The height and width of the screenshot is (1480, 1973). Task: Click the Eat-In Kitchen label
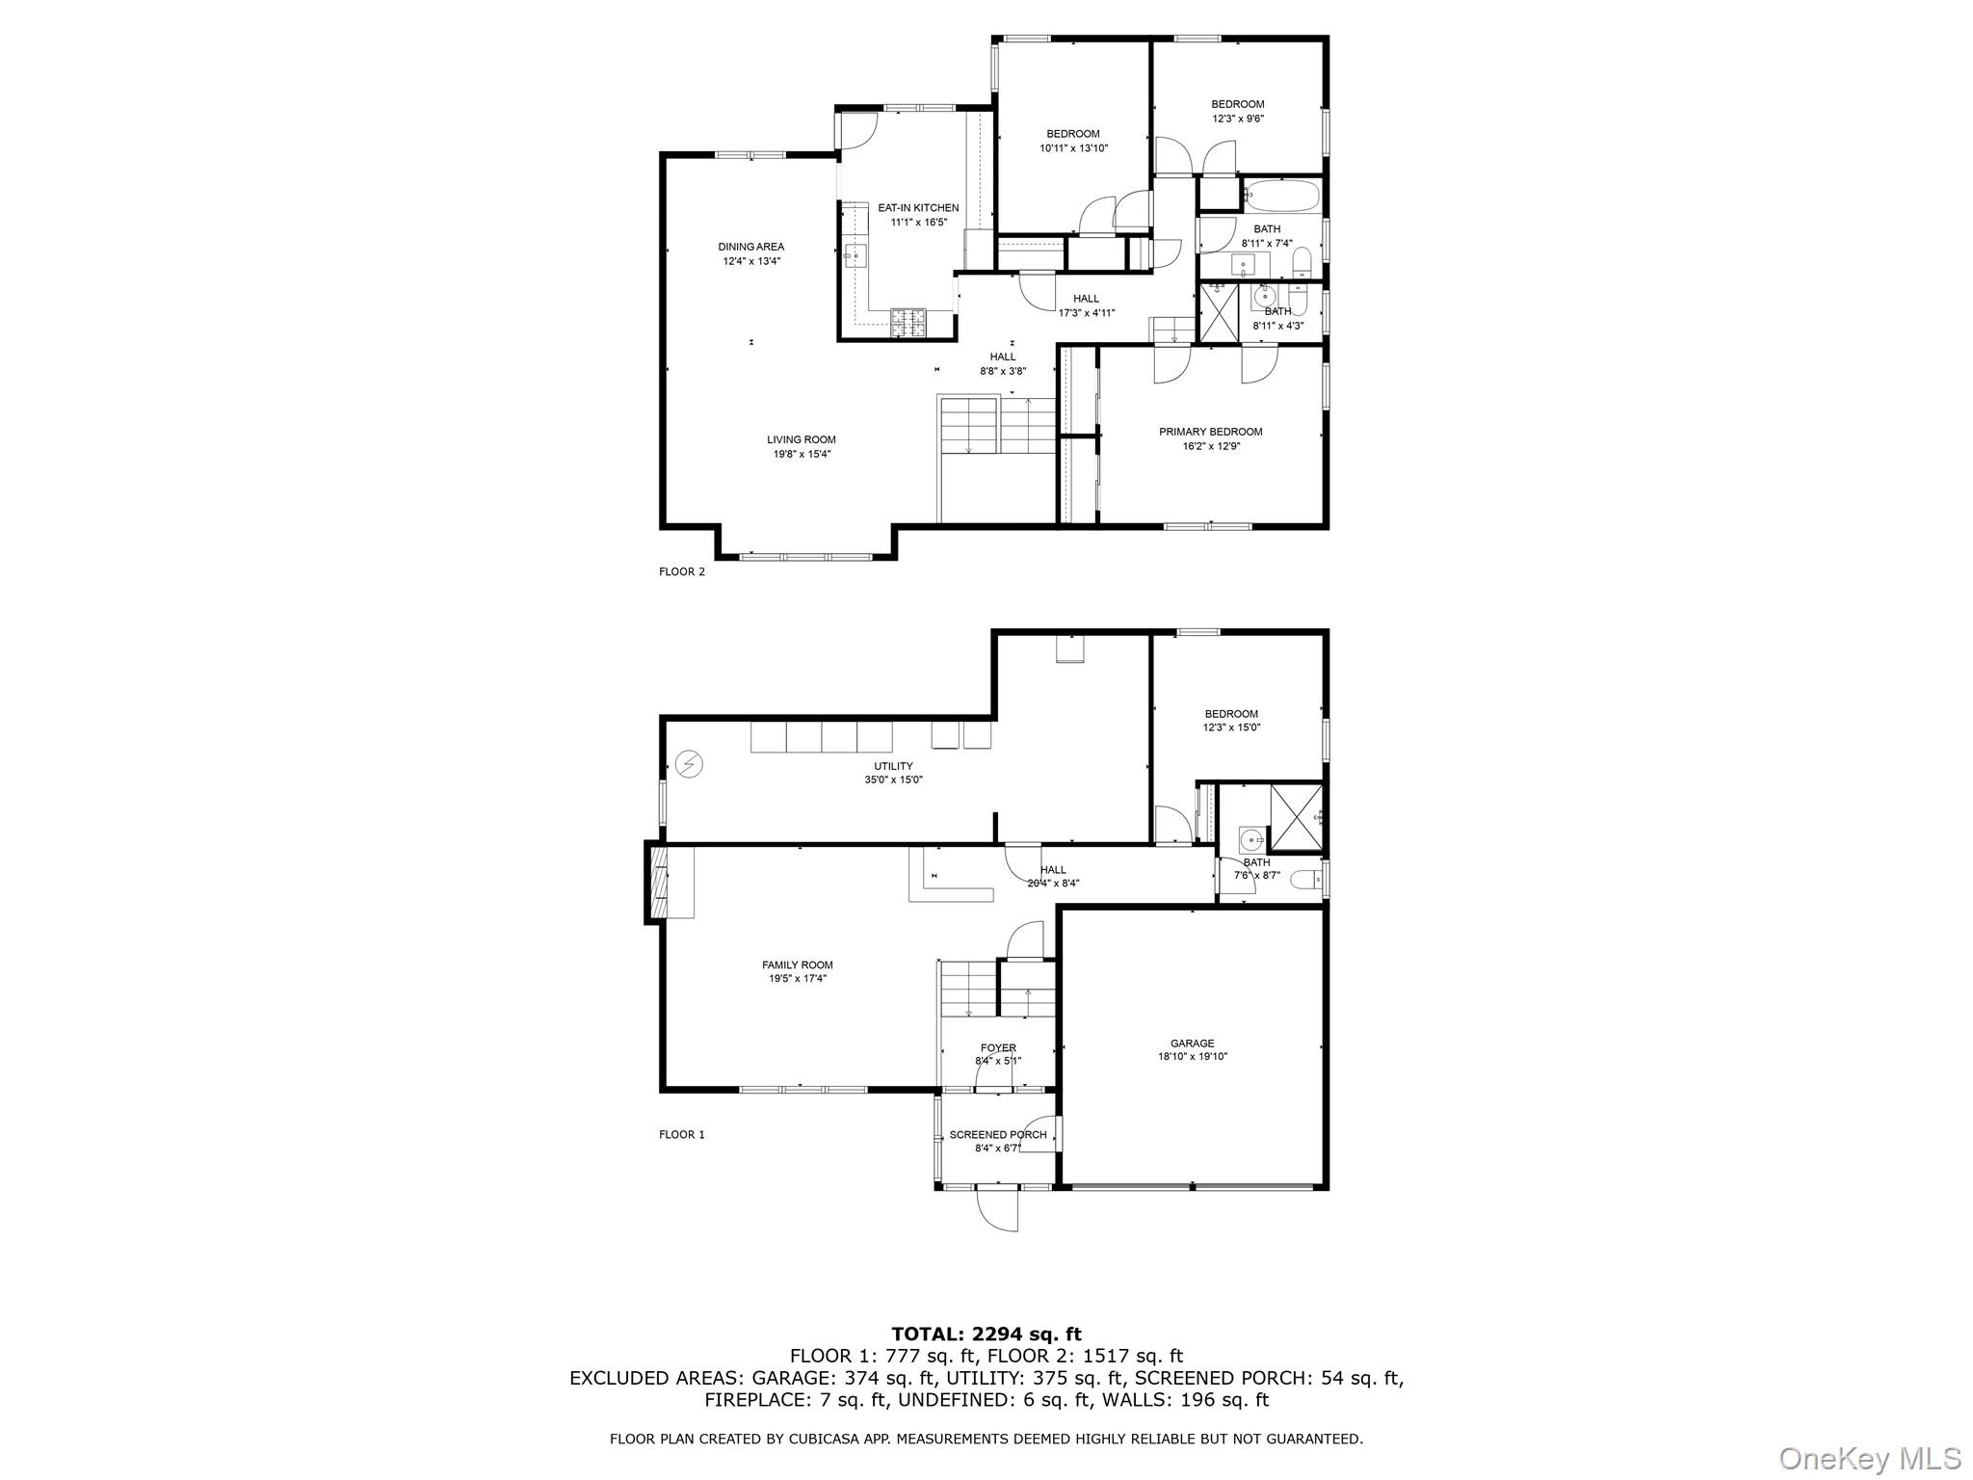pyautogui.click(x=918, y=208)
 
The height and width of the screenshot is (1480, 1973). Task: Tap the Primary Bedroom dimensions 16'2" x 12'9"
pyautogui.click(x=1210, y=446)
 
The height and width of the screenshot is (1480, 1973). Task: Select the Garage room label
pyautogui.click(x=1192, y=1043)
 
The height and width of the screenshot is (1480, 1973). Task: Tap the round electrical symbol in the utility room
pyautogui.click(x=689, y=764)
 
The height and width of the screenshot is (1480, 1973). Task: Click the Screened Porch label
pyautogui.click(x=997, y=1134)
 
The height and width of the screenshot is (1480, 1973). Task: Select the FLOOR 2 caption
pyautogui.click(x=681, y=571)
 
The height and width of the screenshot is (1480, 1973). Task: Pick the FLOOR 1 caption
pyautogui.click(x=681, y=1134)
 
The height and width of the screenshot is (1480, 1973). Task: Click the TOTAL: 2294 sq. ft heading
pyautogui.click(x=986, y=1335)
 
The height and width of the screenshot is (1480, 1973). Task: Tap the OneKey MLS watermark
pyautogui.click(x=1869, y=1457)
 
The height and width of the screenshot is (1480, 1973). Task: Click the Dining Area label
pyautogui.click(x=750, y=247)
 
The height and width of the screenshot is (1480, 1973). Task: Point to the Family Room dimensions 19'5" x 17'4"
pyautogui.click(x=797, y=978)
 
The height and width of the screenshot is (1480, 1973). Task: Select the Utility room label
pyautogui.click(x=893, y=766)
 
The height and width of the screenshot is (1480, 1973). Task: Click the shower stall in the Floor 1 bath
pyautogui.click(x=1297, y=816)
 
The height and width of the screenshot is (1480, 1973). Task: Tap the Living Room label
pyautogui.click(x=801, y=439)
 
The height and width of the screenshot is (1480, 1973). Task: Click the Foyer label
pyautogui.click(x=998, y=1047)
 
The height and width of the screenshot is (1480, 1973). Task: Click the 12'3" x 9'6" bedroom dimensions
pyautogui.click(x=1237, y=119)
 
